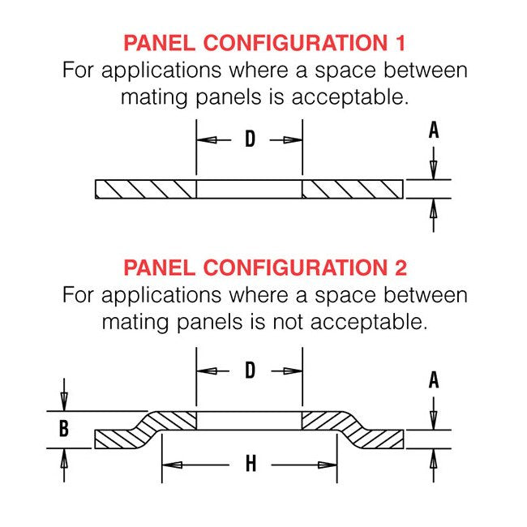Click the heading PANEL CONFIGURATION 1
tap(264, 42)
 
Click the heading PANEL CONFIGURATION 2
tap(264, 267)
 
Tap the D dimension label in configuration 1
tap(250, 139)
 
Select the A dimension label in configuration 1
tap(434, 131)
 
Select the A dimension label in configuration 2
tap(434, 379)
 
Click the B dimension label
tap(64, 429)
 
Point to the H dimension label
tap(251, 465)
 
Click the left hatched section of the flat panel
tap(146, 188)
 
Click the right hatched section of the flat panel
tap(353, 188)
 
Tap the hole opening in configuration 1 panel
tap(250, 188)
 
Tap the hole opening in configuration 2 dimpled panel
tap(250, 420)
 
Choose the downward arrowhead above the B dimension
tap(64, 403)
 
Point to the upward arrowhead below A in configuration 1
tap(434, 208)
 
